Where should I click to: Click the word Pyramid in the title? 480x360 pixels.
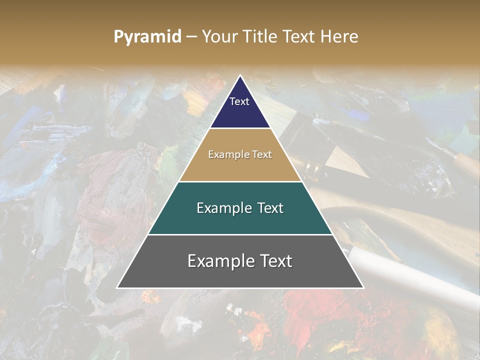[x=147, y=37]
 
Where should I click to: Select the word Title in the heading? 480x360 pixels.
[x=260, y=37]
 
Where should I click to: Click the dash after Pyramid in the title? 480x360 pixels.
[x=191, y=37]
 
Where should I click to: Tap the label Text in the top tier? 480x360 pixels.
[x=239, y=101]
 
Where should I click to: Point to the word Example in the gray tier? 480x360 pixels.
[x=219, y=261]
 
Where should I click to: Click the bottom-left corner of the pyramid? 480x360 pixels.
[x=117, y=288]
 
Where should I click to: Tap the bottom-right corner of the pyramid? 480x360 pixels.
[x=363, y=288]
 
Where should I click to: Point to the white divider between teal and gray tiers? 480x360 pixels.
[x=240, y=234]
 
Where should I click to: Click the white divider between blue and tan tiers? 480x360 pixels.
[x=240, y=128]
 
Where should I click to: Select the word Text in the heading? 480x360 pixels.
[x=300, y=37]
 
